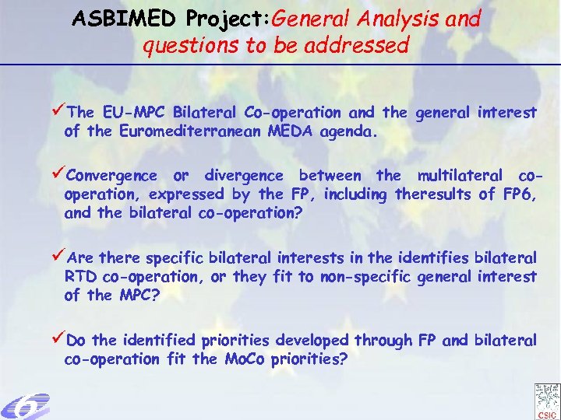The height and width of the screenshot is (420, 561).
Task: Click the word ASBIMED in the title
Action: point(111,18)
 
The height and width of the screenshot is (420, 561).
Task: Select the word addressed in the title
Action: point(360,46)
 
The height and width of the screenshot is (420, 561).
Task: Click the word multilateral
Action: point(464,175)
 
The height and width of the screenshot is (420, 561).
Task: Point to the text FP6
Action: point(518,194)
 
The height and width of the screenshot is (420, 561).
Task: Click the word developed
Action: point(305,341)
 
